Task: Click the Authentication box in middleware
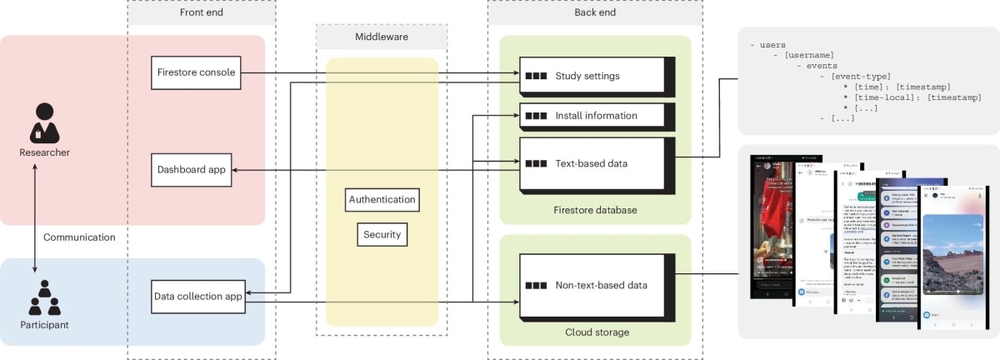(382, 200)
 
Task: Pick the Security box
(382, 235)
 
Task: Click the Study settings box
(592, 77)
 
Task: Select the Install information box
(592, 116)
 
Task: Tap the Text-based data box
(592, 163)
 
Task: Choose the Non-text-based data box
(592, 286)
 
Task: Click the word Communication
(79, 237)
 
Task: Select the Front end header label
(201, 12)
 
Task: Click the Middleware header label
(381, 37)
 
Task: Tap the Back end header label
(595, 12)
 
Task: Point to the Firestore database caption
(595, 210)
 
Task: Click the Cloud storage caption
(595, 332)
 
